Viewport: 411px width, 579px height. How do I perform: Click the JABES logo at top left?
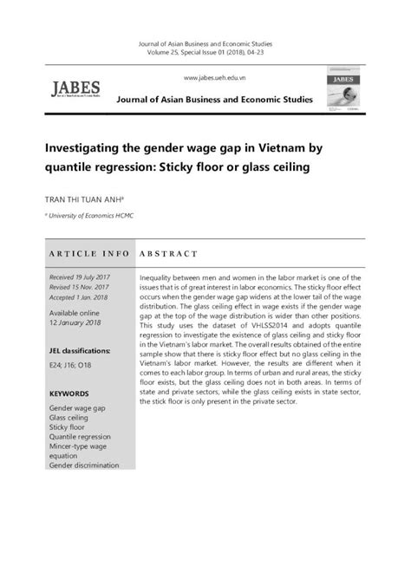pos(76,90)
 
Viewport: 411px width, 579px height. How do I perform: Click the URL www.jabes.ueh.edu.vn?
pos(205,78)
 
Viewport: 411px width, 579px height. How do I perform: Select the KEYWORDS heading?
pos(70,393)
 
